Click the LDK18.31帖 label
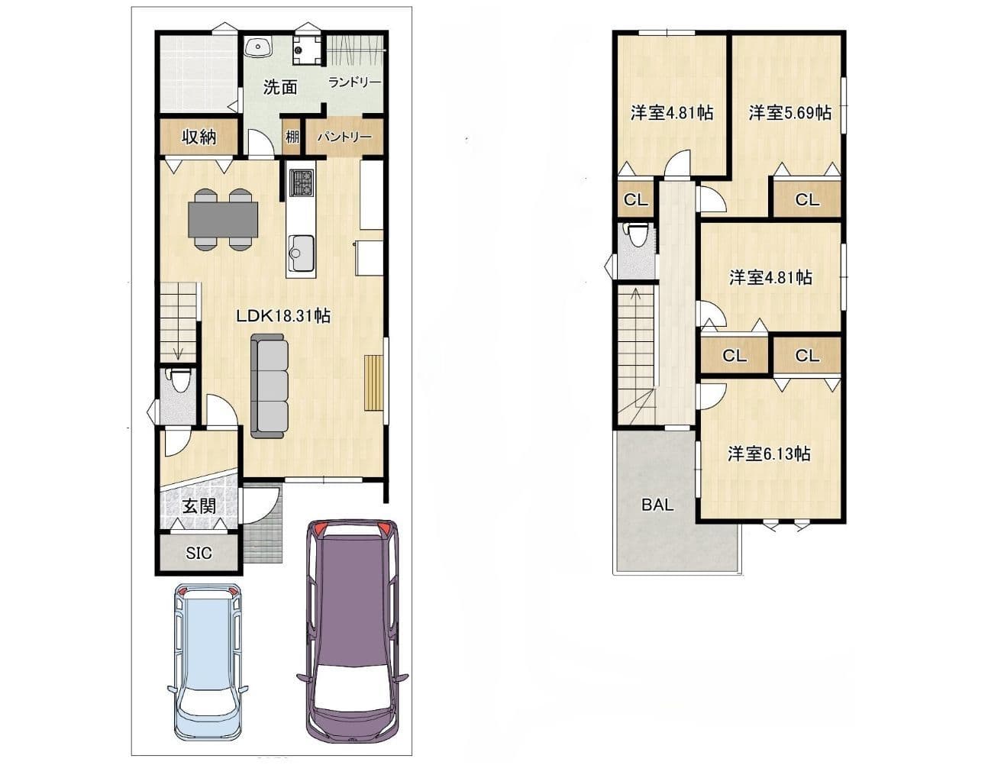(283, 316)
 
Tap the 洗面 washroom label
(280, 87)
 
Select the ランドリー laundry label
(354, 82)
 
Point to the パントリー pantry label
(344, 137)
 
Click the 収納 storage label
(199, 137)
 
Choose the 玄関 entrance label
(199, 506)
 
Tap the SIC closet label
(199, 553)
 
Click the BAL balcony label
(657, 505)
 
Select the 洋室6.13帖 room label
(769, 454)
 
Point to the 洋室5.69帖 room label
(790, 112)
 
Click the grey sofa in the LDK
(270, 386)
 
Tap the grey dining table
(223, 220)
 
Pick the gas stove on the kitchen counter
(302, 182)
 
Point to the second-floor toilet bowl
(638, 234)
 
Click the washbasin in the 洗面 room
(258, 47)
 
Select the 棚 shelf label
(292, 137)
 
